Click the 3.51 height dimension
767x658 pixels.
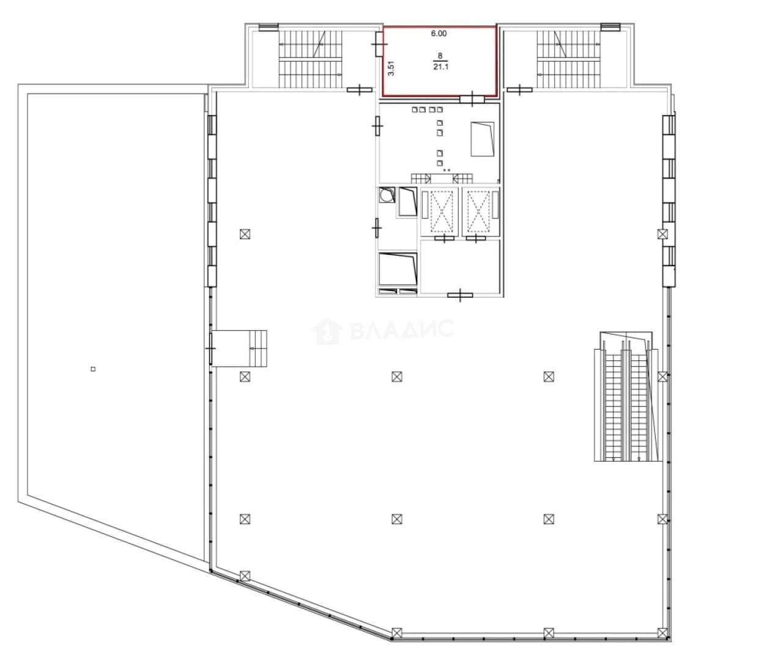(391, 69)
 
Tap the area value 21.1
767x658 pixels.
(440, 67)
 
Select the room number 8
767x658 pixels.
(440, 56)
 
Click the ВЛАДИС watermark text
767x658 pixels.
(401, 330)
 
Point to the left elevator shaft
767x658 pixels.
(440, 212)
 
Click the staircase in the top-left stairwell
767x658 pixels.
(310, 59)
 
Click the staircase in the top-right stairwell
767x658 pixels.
(568, 59)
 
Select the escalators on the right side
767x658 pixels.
(627, 401)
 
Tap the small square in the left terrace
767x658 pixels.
(93, 369)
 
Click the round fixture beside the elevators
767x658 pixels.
(387, 195)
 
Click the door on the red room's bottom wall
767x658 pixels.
(472, 99)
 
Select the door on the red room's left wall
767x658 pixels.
(379, 44)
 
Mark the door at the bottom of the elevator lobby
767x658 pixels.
(460, 295)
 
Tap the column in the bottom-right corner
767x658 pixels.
(662, 632)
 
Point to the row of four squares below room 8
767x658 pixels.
(428, 110)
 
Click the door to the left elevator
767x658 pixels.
(444, 238)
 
